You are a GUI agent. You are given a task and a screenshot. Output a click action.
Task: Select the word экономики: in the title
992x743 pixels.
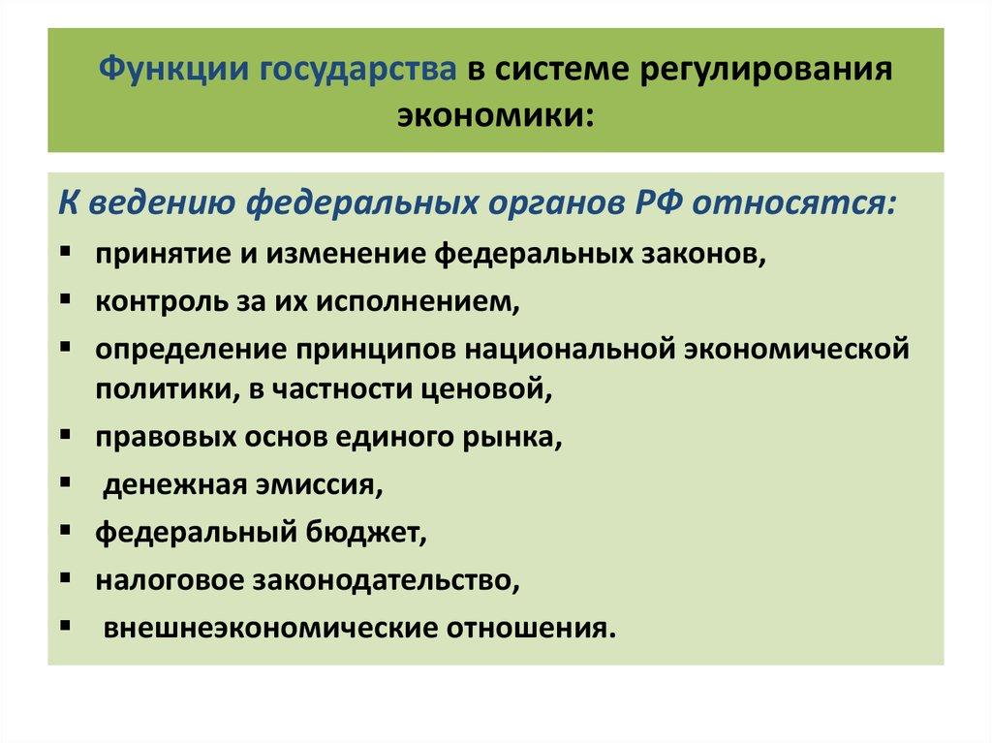click(x=495, y=115)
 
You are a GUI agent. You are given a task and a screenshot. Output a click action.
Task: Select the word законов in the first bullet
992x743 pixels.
click(x=705, y=255)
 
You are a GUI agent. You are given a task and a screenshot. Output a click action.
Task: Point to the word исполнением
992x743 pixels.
click(x=436, y=302)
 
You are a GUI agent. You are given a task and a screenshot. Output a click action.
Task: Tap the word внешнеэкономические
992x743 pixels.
click(x=268, y=626)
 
